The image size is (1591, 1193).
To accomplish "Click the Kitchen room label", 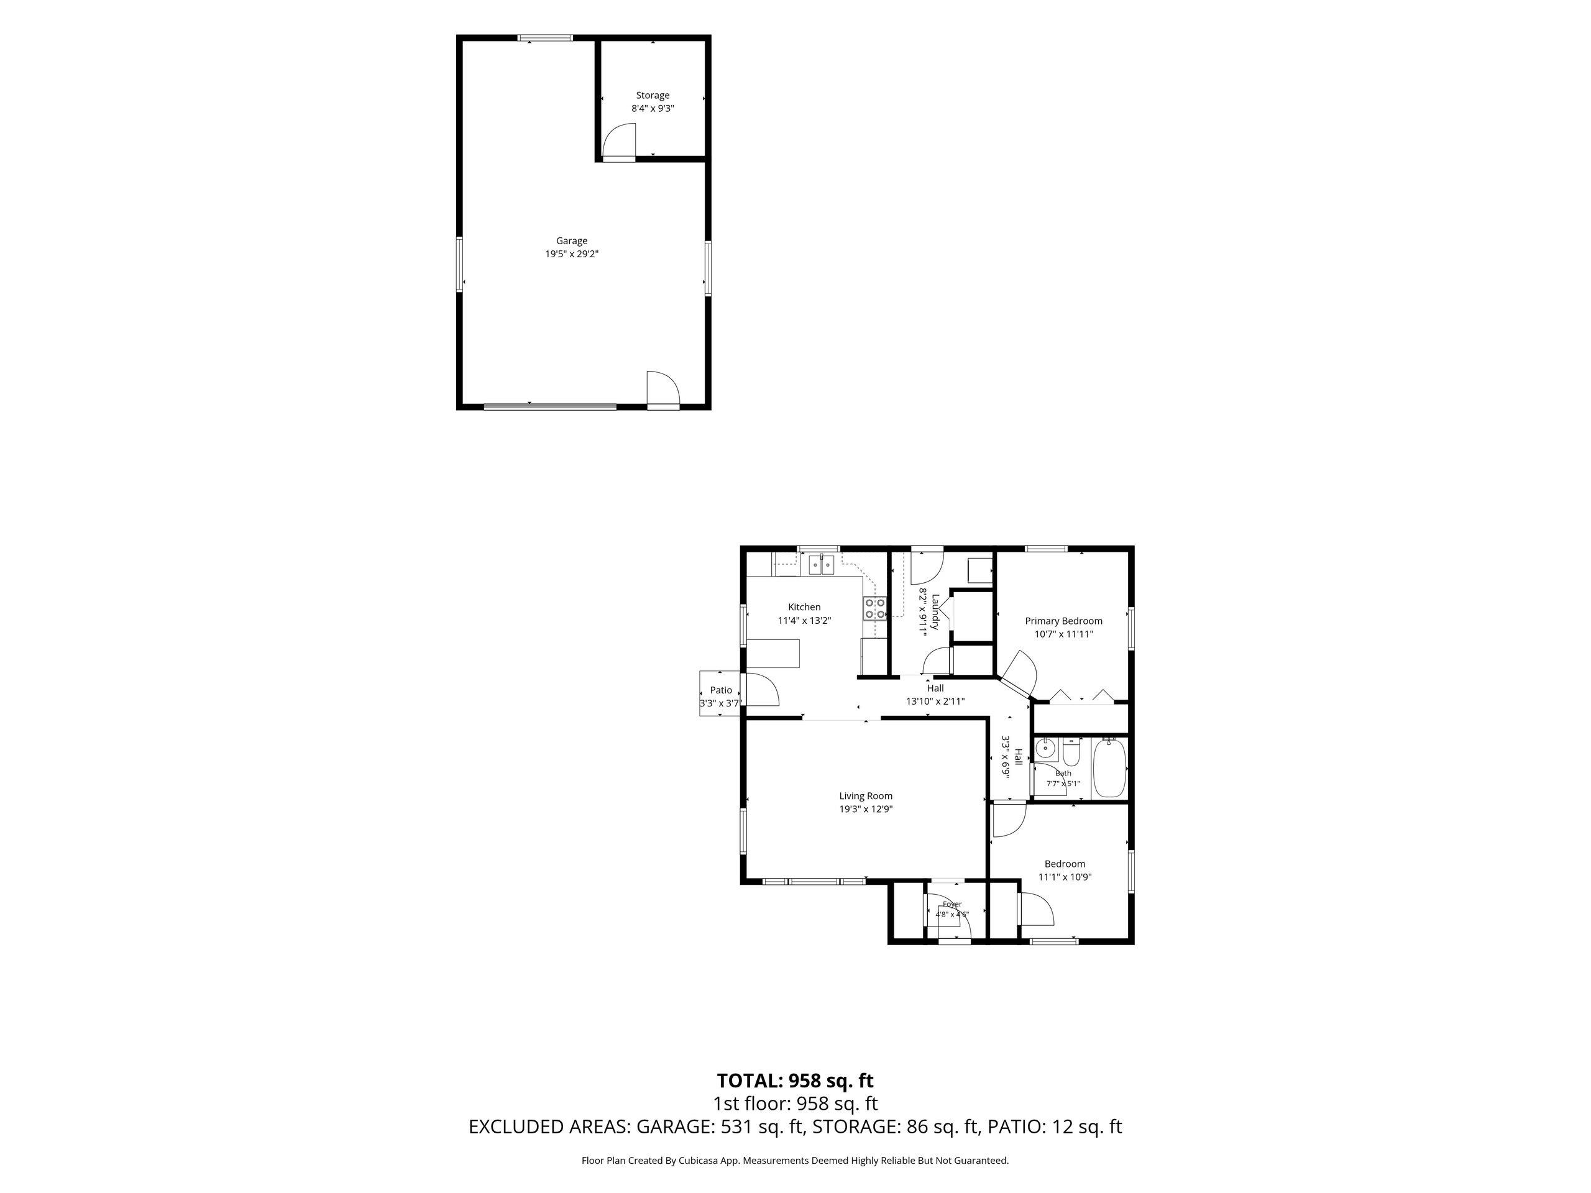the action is pos(804,607).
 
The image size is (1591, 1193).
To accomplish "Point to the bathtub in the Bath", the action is pos(1108,768).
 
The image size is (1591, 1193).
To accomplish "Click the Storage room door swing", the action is pos(618,142).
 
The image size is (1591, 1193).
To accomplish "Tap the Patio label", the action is pos(721,690).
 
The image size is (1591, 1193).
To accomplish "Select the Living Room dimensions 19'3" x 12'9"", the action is pos(866,809).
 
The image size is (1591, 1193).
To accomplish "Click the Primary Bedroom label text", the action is pos(1063,621).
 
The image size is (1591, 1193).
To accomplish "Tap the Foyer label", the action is pos(951,905).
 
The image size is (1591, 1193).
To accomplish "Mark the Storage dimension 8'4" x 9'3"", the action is pos(653,109).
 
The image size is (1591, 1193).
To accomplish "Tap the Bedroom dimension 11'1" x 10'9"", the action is pos(1065,877).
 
